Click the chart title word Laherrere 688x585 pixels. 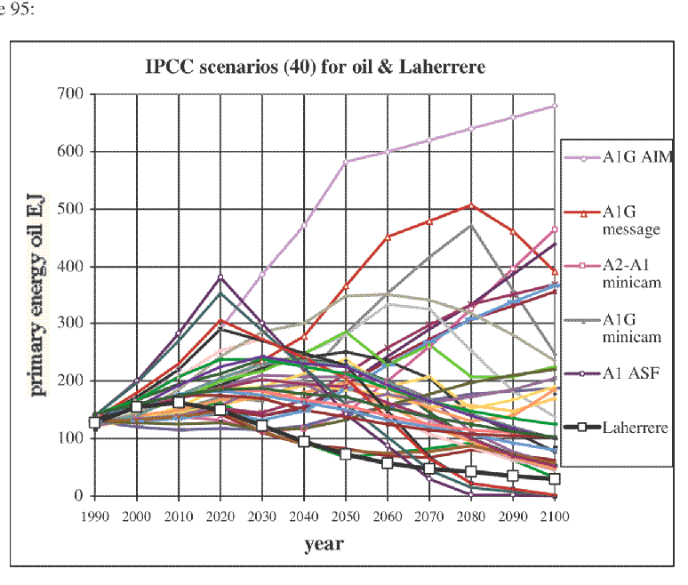[x=442, y=68]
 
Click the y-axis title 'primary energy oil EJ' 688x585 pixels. [x=36, y=295]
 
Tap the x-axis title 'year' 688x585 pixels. [x=324, y=544]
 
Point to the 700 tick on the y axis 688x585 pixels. [x=69, y=93]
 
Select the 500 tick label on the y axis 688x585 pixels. [x=69, y=208]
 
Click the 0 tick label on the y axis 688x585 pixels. [x=78, y=495]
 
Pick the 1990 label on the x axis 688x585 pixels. [x=95, y=517]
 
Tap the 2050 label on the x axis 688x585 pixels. [x=345, y=517]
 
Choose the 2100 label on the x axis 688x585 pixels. [x=555, y=517]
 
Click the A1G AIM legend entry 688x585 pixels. [x=619, y=157]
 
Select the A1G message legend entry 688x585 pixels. [x=612, y=220]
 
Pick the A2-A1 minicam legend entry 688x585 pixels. [x=613, y=274]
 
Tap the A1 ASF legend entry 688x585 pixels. [x=612, y=373]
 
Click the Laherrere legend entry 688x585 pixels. [x=616, y=427]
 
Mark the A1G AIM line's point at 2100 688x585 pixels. [x=555, y=106]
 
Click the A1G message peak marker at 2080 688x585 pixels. [x=471, y=205]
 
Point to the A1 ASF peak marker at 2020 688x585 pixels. [x=220, y=276]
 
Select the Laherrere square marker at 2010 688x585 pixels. [x=179, y=403]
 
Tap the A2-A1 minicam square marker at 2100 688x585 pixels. [x=555, y=229]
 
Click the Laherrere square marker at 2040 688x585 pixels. [x=304, y=441]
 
